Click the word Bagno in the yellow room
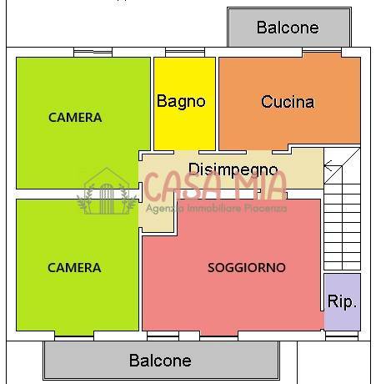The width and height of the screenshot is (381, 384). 181,101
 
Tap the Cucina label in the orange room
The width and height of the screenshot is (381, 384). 288,102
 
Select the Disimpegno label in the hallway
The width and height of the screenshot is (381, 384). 233,169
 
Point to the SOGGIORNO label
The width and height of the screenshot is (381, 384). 246,268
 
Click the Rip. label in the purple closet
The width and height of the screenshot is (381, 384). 342,301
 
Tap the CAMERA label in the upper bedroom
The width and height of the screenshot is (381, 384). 75,118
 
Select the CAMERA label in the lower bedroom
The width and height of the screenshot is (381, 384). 74,268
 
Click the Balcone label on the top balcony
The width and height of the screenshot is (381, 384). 288,28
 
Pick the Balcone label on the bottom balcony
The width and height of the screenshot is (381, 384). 160,361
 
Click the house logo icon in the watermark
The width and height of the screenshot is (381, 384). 107,193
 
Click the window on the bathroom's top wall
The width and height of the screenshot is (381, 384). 183,54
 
